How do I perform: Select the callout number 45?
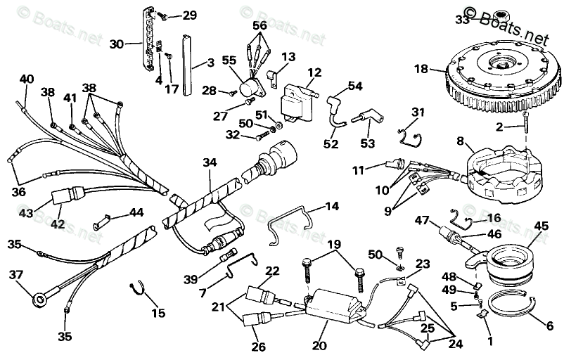pyautogui.click(x=541, y=226)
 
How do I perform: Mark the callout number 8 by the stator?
pyautogui.click(x=460, y=141)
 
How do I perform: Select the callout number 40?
pyautogui.click(x=26, y=79)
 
